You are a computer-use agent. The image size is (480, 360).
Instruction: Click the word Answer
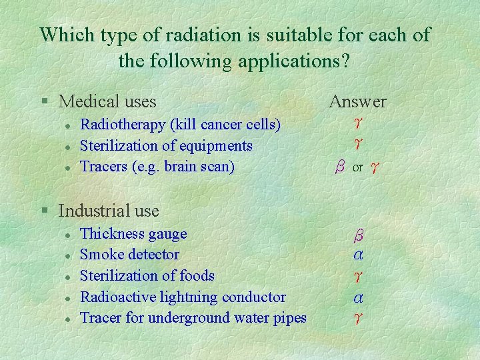point(357,101)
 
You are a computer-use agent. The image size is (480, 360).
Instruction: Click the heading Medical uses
point(107,101)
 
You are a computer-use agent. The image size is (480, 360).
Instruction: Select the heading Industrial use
point(109,211)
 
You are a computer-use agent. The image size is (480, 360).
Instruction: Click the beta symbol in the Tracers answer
point(340,167)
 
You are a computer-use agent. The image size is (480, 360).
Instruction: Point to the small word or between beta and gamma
point(357,169)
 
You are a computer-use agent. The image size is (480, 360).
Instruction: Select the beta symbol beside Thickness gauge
point(358,235)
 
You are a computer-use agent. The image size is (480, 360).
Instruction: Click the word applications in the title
point(285,61)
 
